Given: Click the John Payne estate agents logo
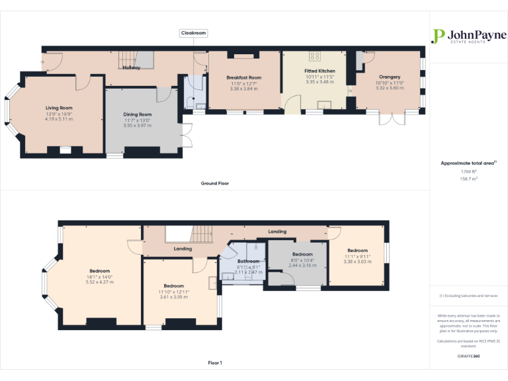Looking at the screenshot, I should (x=468, y=36).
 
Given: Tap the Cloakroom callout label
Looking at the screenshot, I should (x=194, y=33).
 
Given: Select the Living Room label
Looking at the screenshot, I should (x=59, y=108).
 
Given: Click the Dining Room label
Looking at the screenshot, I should (x=138, y=114).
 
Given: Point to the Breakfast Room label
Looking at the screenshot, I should (x=243, y=77).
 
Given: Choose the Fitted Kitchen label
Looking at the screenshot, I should (x=319, y=71).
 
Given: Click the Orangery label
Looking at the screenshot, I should (x=390, y=77).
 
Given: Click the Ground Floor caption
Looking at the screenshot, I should (x=214, y=183).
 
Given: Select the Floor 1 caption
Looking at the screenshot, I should (x=214, y=362).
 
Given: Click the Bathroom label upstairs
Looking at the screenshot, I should (x=249, y=261).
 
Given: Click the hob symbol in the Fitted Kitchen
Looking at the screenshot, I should (x=314, y=56).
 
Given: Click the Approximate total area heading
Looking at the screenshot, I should (x=468, y=163).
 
